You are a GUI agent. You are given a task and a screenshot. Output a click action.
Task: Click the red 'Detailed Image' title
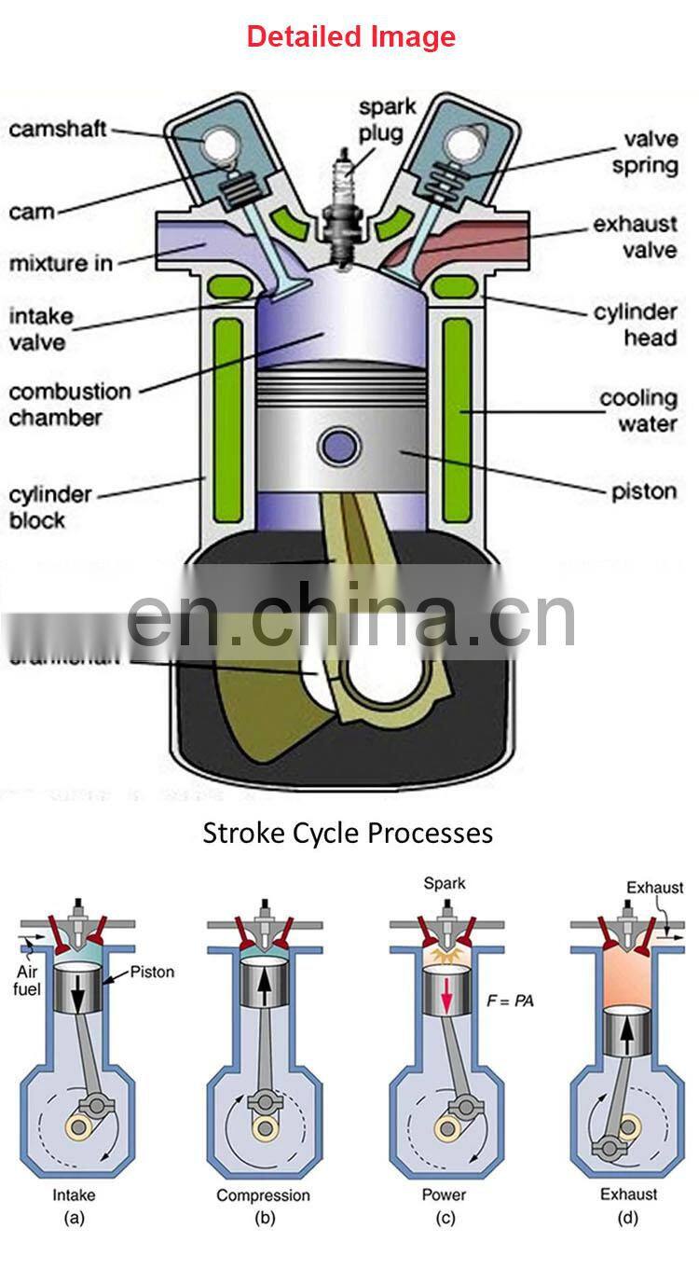[350, 36]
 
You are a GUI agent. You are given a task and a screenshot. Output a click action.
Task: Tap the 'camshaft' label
[58, 129]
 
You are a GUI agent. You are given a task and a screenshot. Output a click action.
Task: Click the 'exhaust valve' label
[635, 237]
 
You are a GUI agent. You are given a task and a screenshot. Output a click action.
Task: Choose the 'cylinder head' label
[636, 324]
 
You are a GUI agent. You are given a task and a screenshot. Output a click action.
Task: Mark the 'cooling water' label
[637, 411]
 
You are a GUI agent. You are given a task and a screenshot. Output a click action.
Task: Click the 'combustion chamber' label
[70, 404]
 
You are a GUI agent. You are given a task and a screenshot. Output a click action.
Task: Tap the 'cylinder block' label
[50, 505]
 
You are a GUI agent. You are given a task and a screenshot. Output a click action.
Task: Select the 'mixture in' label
[61, 264]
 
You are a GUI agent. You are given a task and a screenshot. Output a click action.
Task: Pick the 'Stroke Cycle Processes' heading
[348, 832]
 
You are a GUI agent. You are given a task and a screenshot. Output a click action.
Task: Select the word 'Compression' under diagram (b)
[263, 1194]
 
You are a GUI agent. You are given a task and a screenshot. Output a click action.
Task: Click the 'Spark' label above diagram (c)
[444, 882]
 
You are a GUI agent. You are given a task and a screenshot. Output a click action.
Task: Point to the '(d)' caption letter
[628, 1216]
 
